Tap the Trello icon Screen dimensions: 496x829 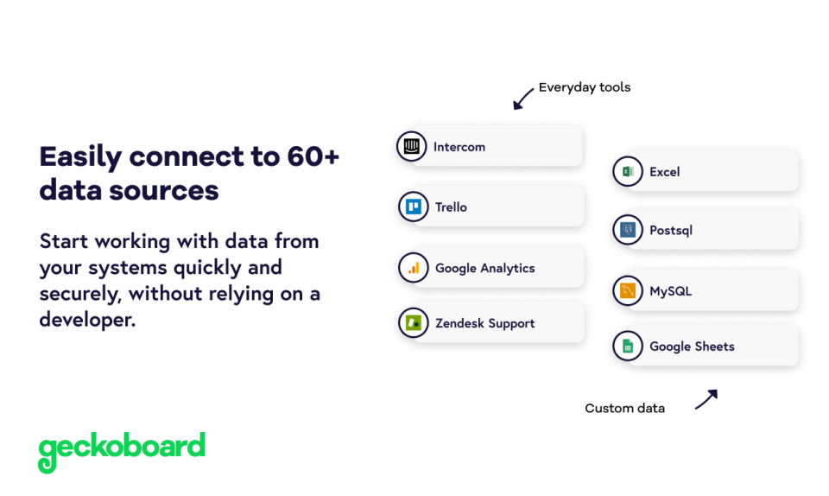(x=414, y=207)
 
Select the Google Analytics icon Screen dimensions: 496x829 (x=414, y=268)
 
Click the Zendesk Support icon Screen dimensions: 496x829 (x=414, y=323)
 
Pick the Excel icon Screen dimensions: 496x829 (x=628, y=171)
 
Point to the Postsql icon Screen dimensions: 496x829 (x=628, y=230)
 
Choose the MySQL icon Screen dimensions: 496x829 (x=628, y=291)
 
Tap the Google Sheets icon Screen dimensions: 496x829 (x=628, y=347)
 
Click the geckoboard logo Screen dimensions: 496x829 (x=122, y=449)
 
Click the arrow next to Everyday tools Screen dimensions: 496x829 (x=523, y=99)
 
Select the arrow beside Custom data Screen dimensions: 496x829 (x=706, y=399)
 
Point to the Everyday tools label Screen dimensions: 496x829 (x=585, y=87)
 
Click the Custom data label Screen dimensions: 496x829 (x=624, y=408)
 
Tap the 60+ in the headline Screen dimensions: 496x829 (x=308, y=156)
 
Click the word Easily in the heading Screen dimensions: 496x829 (x=80, y=156)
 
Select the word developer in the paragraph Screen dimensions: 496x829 (x=86, y=319)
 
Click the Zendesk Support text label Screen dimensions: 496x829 (x=484, y=323)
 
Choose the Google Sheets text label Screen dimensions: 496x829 (x=692, y=347)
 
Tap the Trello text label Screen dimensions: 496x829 (x=451, y=207)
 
